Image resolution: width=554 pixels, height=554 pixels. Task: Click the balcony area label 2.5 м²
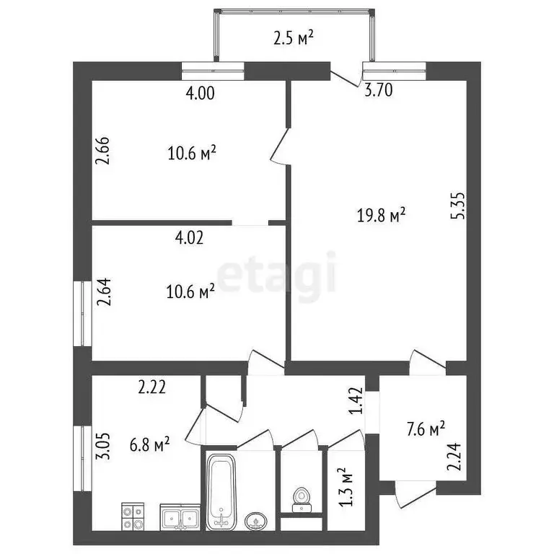(294, 38)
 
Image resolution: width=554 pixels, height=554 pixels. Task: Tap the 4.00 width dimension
(201, 92)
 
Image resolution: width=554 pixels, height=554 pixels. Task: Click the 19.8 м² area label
(382, 215)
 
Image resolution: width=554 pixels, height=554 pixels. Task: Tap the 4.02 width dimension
(190, 238)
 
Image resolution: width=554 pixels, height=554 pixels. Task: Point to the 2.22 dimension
(152, 387)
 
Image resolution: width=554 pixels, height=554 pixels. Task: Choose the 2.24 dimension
(454, 456)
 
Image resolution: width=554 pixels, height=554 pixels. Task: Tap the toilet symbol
(300, 498)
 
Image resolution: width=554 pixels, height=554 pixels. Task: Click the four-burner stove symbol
(133, 516)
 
